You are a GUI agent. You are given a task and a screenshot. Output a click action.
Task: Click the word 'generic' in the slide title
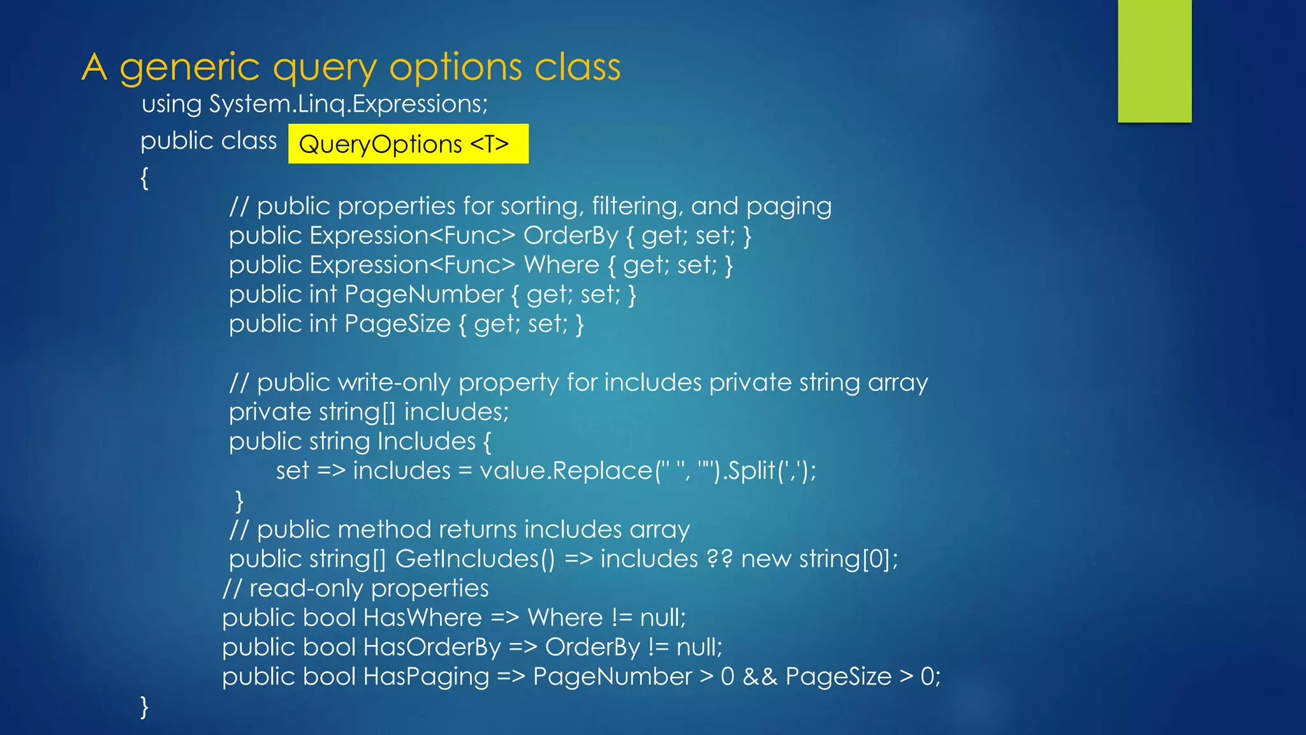click(189, 68)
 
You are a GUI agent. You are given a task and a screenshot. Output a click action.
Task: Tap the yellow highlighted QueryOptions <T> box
click(408, 144)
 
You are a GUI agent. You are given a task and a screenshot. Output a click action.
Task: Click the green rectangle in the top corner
click(1154, 61)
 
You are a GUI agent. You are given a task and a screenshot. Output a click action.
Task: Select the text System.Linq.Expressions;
click(349, 104)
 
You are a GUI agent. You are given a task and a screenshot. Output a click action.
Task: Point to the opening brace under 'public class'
click(145, 177)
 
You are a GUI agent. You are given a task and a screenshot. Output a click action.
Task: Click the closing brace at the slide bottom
click(145, 706)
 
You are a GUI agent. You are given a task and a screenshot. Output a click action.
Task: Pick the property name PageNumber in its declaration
click(424, 295)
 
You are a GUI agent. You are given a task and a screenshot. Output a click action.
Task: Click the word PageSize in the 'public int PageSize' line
click(397, 324)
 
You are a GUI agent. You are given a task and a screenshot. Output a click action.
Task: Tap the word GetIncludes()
click(475, 559)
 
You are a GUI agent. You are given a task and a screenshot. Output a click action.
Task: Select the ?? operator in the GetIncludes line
click(719, 559)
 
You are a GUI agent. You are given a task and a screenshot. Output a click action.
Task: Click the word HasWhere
click(422, 618)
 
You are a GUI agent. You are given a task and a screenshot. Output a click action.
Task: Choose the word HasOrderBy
click(432, 647)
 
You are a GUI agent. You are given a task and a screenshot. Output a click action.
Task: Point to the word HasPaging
click(425, 676)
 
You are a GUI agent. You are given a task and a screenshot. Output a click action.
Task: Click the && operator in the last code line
click(759, 676)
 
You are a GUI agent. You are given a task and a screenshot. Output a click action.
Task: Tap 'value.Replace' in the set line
click(566, 471)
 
